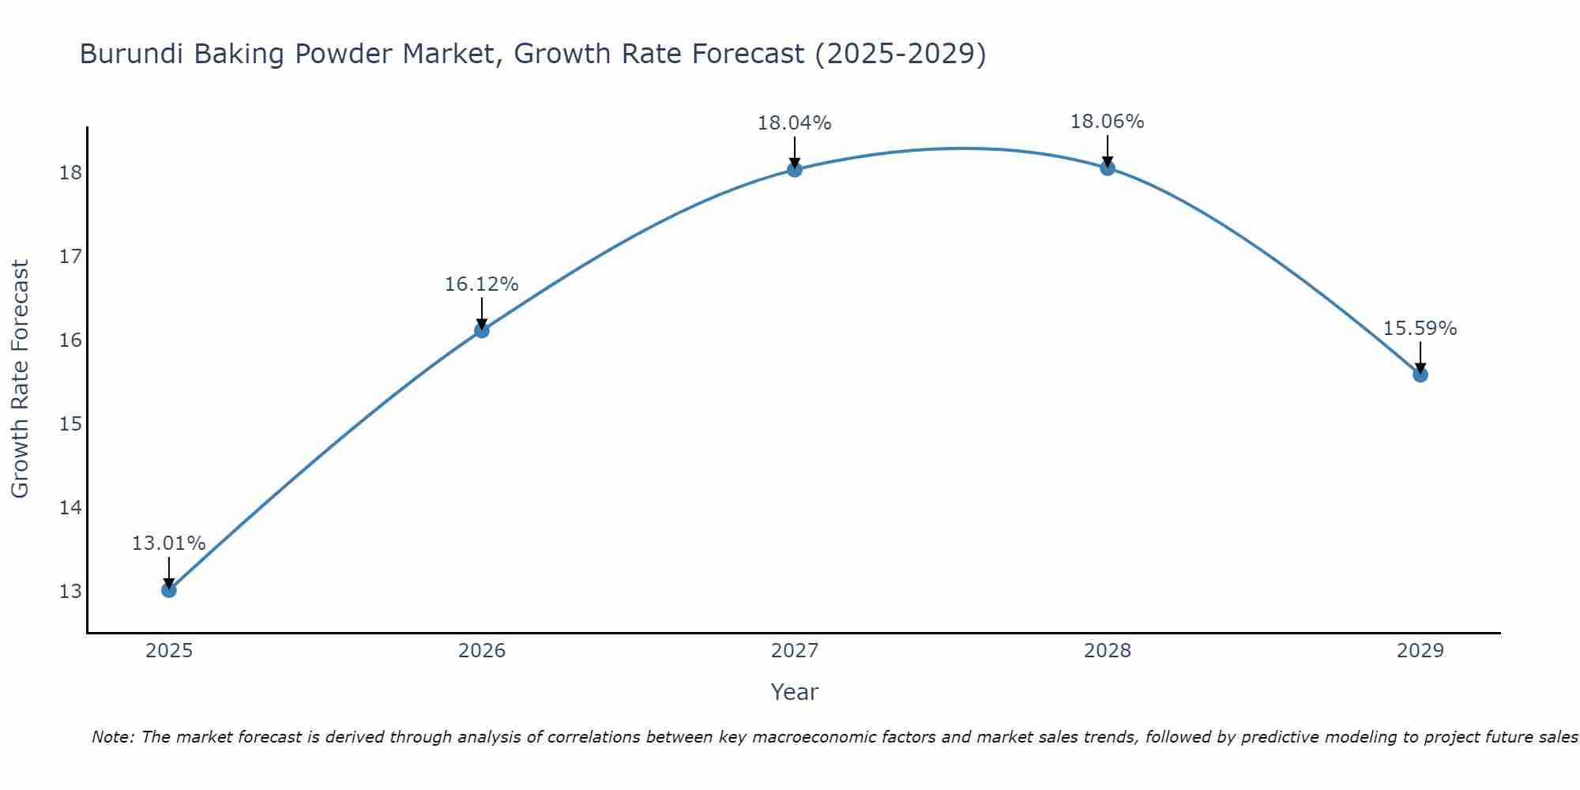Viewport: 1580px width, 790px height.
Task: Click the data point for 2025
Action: (168, 590)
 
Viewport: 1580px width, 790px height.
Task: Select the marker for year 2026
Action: (481, 330)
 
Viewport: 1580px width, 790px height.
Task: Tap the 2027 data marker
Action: (794, 169)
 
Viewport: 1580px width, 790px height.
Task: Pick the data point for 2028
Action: (1107, 167)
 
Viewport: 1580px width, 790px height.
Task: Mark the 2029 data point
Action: (1420, 374)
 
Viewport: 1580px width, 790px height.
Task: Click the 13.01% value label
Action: (168, 544)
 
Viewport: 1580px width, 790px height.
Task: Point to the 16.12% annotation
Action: (481, 284)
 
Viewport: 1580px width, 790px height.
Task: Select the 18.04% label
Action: (794, 123)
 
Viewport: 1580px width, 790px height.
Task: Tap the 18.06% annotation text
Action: (1107, 122)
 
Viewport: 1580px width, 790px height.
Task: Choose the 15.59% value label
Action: (1420, 329)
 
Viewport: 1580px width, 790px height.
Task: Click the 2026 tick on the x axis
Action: (482, 651)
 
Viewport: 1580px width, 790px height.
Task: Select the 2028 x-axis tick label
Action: (1107, 651)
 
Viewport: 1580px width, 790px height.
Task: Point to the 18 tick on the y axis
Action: (70, 173)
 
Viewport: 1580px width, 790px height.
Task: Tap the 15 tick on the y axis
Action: (70, 424)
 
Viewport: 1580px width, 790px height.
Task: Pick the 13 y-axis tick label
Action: (70, 592)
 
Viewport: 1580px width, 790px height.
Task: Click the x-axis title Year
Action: (794, 692)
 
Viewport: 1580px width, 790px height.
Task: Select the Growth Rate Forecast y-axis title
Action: (20, 379)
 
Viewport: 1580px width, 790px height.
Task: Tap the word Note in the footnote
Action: (111, 738)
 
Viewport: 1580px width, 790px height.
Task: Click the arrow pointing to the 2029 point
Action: (1420, 357)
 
